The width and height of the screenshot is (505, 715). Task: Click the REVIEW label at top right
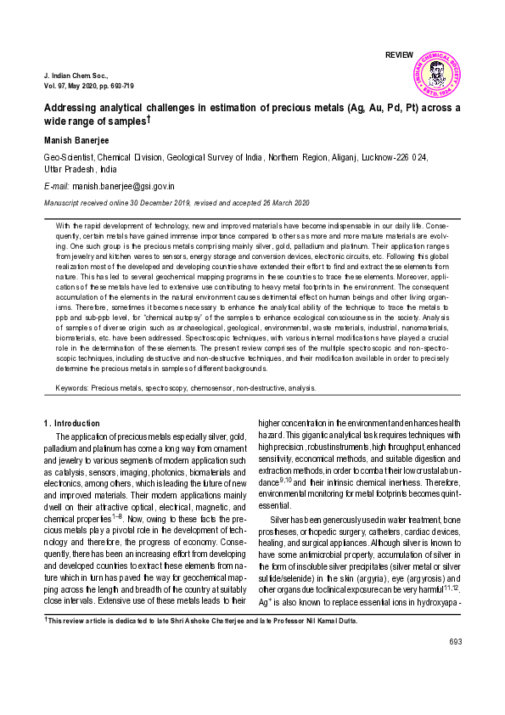(400, 55)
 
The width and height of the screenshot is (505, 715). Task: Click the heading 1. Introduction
(71, 423)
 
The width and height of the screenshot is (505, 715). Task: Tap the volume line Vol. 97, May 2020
(88, 86)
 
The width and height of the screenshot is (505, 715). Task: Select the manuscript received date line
(177, 203)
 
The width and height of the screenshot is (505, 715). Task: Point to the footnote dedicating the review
(200, 621)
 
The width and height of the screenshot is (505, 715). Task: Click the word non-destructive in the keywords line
(272, 388)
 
